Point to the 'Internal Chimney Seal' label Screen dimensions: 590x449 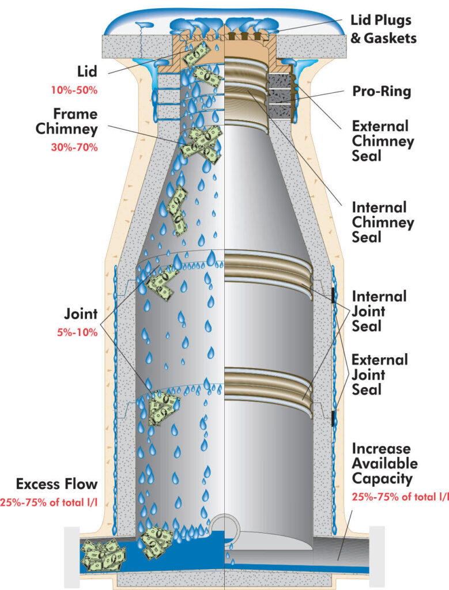tap(380, 221)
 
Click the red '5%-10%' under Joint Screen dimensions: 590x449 tap(76, 332)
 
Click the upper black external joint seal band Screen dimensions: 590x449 tap(334, 294)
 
